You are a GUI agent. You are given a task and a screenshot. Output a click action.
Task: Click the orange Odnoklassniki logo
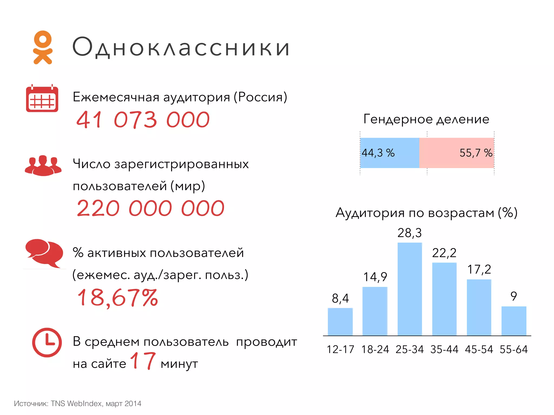(43, 48)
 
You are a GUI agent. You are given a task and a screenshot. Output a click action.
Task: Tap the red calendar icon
(42, 98)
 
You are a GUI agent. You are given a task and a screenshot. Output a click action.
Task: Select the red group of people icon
(43, 165)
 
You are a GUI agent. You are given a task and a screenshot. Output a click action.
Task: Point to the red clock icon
(47, 342)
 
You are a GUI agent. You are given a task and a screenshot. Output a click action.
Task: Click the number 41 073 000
(143, 120)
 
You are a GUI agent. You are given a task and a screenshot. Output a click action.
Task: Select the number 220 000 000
(150, 208)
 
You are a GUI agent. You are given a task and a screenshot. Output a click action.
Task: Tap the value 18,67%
(118, 297)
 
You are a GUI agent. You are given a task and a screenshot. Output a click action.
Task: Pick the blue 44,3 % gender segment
(390, 153)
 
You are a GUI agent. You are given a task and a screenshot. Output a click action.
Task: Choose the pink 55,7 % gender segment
(457, 153)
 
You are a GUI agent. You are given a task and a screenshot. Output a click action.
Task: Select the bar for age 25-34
(410, 289)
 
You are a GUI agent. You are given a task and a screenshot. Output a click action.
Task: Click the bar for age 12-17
(340, 322)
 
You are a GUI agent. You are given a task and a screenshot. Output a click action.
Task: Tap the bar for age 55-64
(514, 321)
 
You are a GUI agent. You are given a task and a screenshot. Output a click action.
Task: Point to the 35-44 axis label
(444, 349)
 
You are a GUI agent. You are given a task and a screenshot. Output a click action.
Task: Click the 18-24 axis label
(375, 349)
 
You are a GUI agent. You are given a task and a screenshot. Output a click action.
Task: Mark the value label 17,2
(479, 269)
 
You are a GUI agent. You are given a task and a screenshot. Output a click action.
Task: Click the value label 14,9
(375, 277)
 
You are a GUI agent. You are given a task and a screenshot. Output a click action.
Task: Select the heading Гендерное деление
(426, 119)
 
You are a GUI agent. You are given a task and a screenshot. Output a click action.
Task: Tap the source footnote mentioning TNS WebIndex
(78, 403)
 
